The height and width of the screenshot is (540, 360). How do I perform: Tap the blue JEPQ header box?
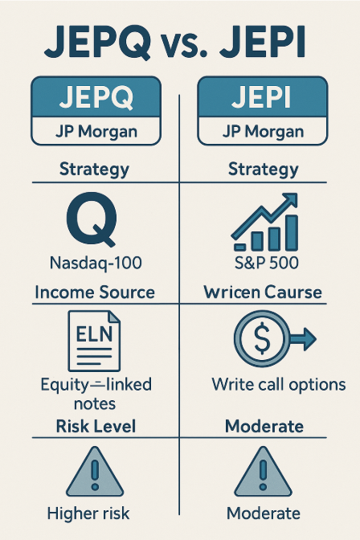pyautogui.click(x=89, y=97)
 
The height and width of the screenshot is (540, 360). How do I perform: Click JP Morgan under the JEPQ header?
pyautogui.click(x=89, y=132)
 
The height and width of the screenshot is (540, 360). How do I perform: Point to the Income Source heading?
pyautogui.click(x=94, y=292)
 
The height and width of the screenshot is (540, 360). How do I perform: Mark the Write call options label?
pyautogui.click(x=279, y=385)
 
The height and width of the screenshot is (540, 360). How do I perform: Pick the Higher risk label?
pyautogui.click(x=89, y=513)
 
